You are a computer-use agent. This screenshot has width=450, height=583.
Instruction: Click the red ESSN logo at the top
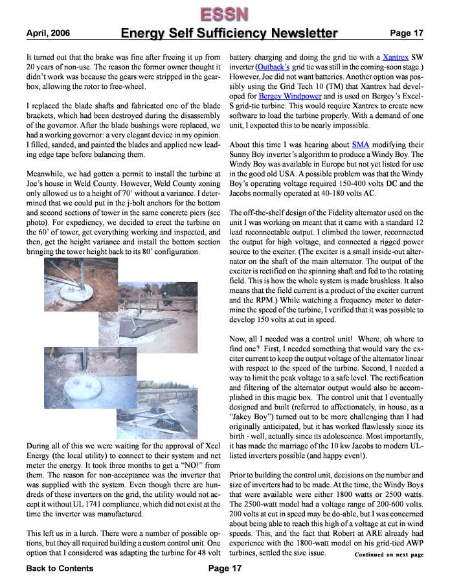[x=224, y=13]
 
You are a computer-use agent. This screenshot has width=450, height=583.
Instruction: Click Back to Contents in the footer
[x=60, y=568]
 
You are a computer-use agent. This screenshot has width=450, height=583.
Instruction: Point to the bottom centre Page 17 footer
[x=225, y=568]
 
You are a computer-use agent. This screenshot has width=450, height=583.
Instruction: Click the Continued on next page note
[x=388, y=554]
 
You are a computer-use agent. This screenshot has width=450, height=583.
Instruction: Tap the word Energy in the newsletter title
[x=143, y=33]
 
